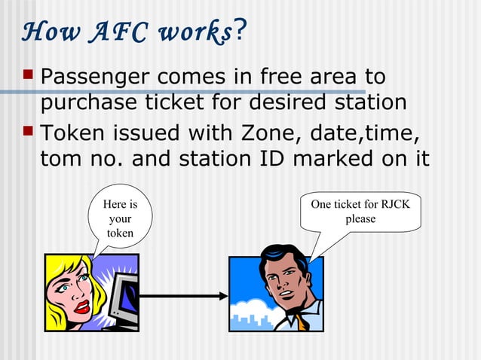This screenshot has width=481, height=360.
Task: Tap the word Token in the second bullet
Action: click(x=72, y=135)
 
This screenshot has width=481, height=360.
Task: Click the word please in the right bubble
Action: click(x=360, y=219)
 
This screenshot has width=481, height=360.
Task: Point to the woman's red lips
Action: click(x=81, y=307)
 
